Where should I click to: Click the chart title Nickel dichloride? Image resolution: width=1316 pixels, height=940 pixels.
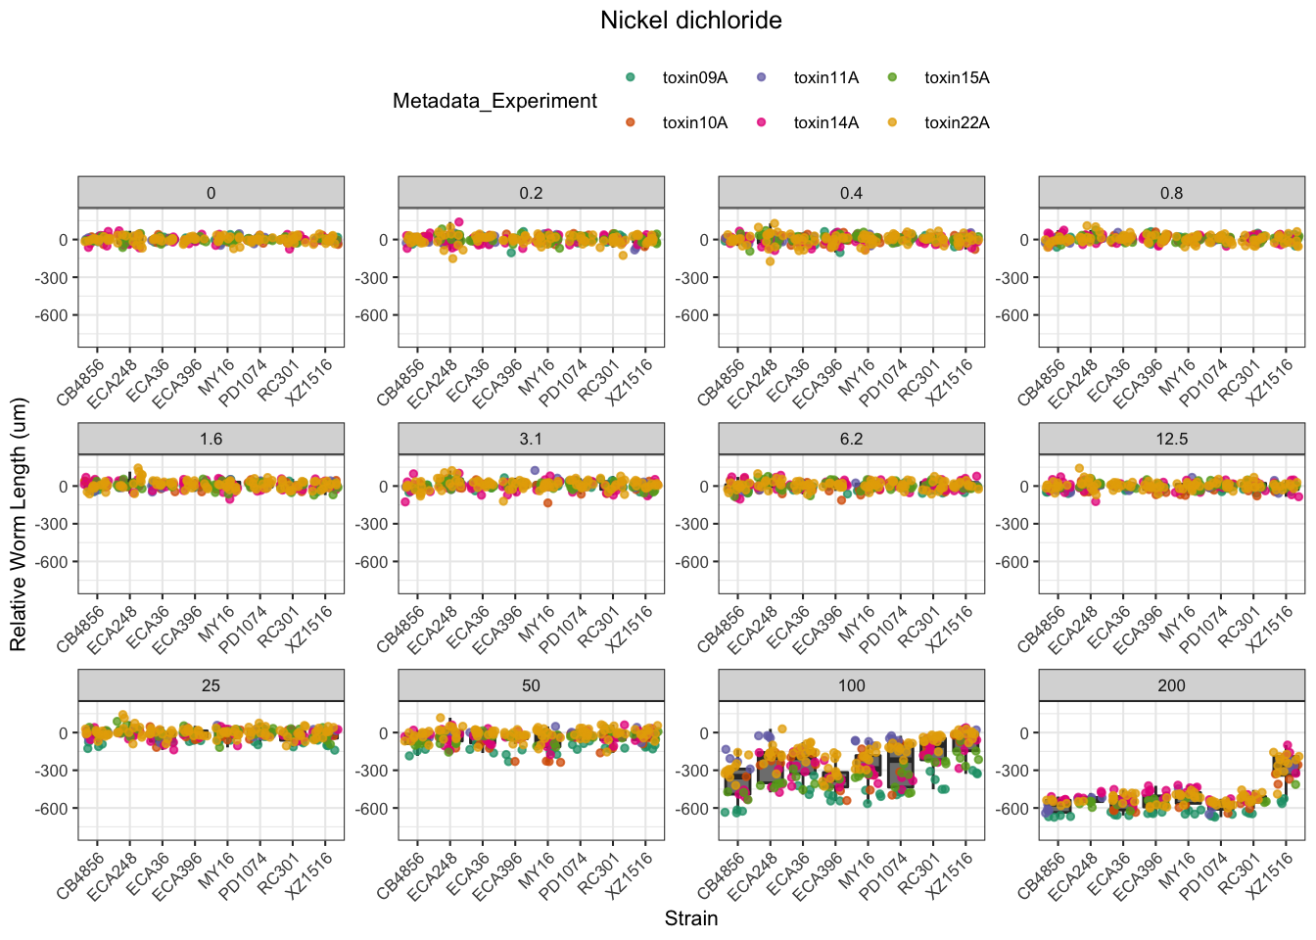[x=690, y=21]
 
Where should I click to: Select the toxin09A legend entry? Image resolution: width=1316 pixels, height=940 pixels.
[x=694, y=78]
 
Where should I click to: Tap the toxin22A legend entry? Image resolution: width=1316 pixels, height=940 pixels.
[x=957, y=123]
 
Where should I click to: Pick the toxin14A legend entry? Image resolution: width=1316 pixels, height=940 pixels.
[x=825, y=123]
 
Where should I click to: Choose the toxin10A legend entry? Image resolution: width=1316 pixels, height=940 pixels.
[x=694, y=123]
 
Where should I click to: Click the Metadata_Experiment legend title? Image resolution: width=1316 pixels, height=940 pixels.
[x=494, y=101]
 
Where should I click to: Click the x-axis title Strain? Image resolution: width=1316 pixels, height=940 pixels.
[x=690, y=918]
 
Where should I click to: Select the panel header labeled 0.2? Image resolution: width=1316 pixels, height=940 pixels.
[x=531, y=193]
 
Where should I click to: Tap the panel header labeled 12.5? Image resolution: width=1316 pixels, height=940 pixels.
[x=1171, y=439]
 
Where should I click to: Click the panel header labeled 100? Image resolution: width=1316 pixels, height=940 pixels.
[x=851, y=685]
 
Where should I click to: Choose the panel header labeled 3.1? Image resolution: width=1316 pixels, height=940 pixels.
[x=531, y=439]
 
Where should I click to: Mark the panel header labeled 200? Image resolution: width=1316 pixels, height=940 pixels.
[x=1171, y=685]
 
